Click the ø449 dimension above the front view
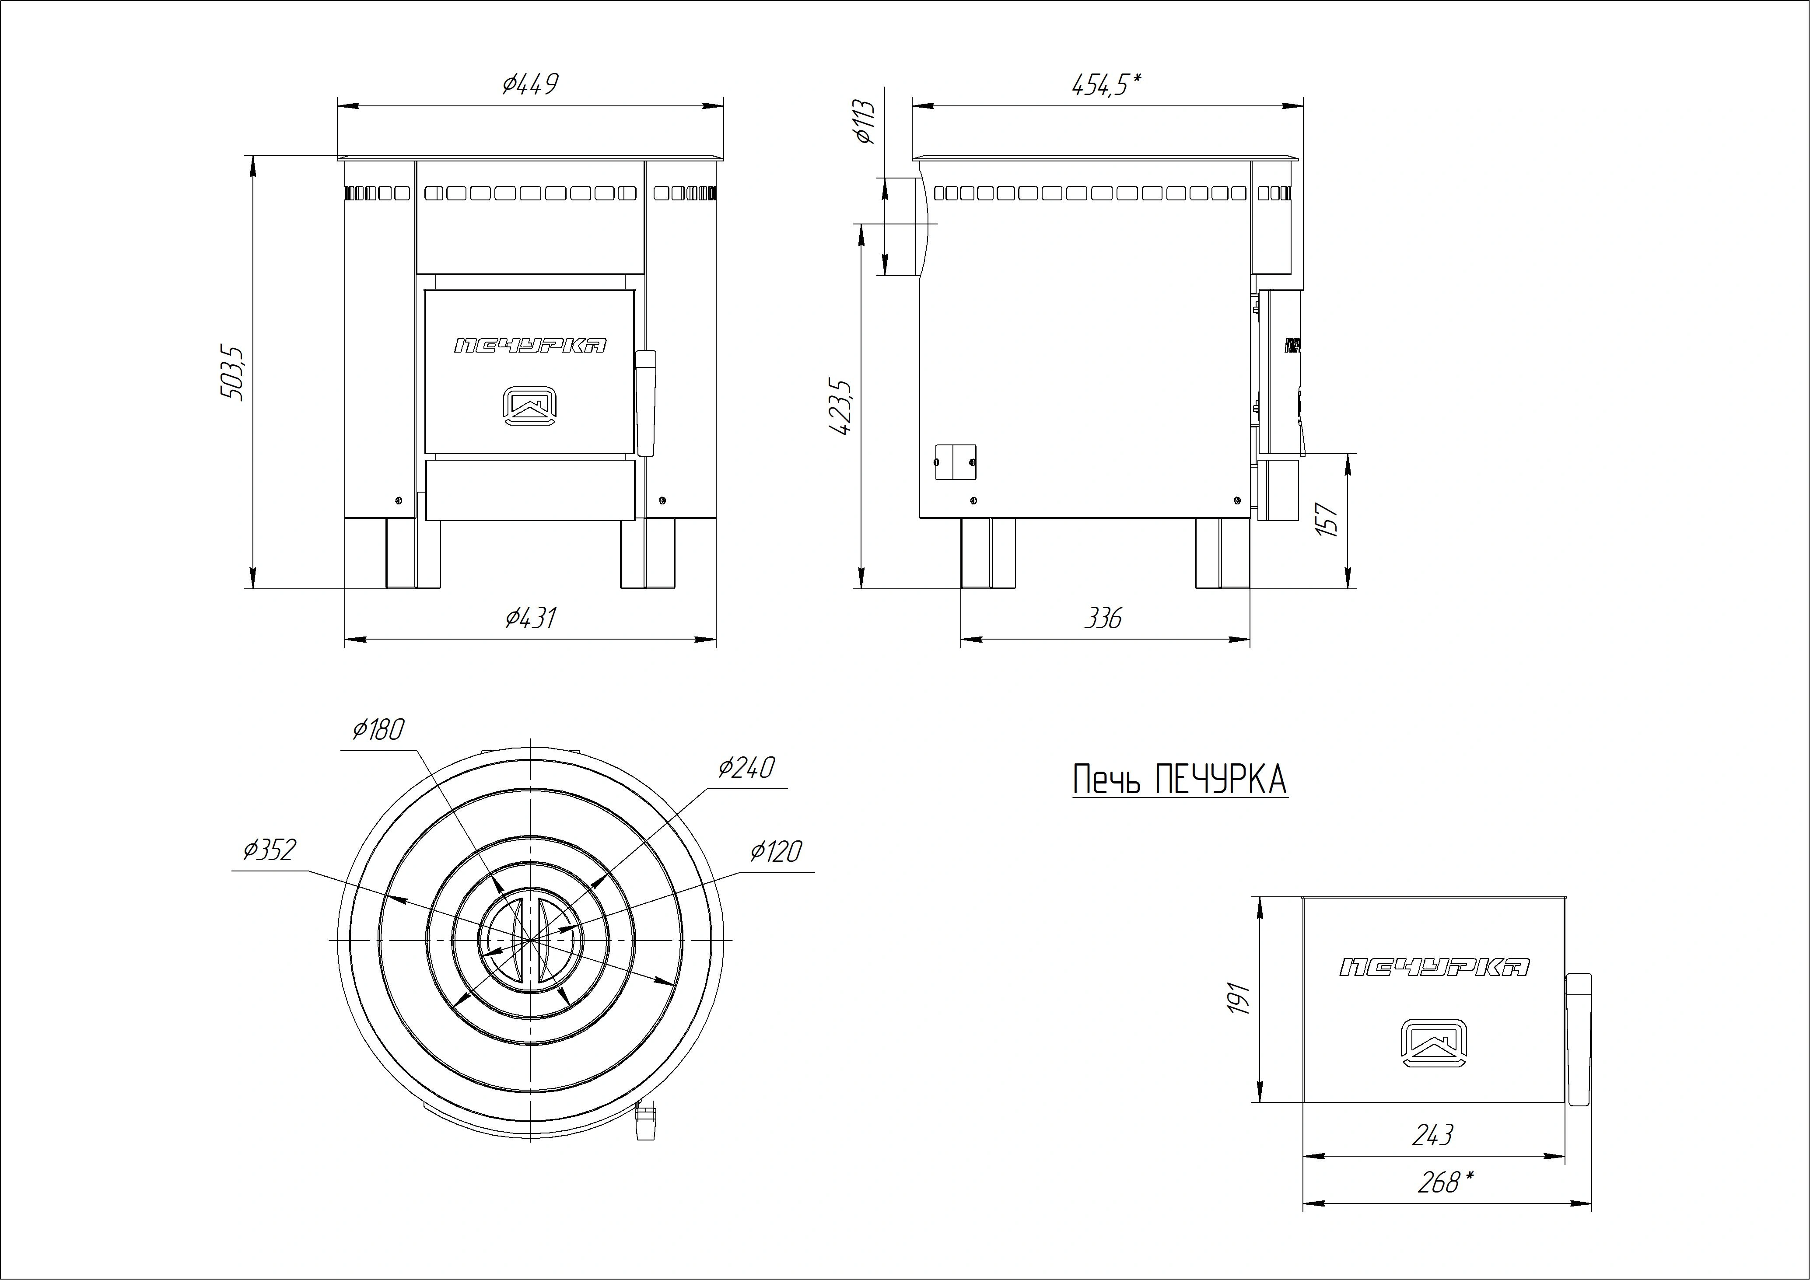click(530, 84)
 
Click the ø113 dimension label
click(865, 122)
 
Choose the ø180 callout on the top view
click(378, 730)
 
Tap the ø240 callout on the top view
click(746, 767)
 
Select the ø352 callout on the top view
click(270, 850)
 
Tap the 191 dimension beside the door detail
click(1240, 999)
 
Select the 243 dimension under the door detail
click(1432, 1135)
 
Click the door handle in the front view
click(646, 403)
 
